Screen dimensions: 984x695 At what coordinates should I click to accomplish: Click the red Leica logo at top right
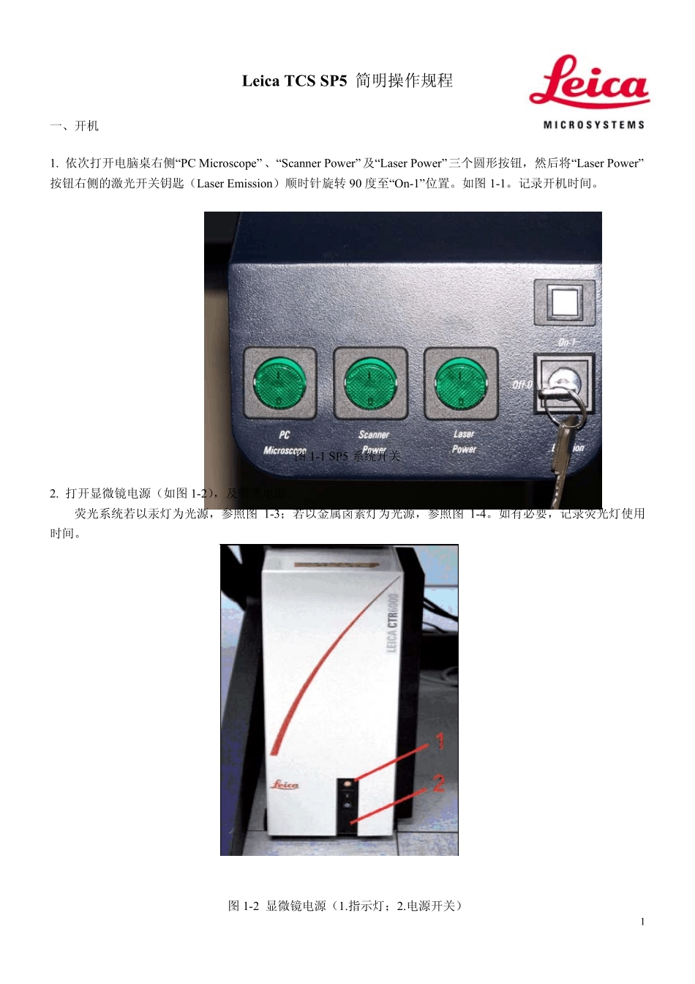589,82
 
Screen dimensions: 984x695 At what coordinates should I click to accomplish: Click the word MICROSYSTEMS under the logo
593,125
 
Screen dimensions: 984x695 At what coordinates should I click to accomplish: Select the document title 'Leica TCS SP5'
294,81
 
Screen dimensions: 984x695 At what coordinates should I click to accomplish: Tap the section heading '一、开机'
75,126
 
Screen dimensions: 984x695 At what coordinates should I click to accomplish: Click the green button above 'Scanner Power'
370,383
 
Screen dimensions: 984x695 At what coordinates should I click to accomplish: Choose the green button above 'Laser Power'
461,383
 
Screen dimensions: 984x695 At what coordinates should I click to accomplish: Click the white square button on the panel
564,302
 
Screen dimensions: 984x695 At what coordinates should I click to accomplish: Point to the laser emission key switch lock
564,382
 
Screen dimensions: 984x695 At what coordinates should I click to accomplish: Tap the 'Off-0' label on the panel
522,384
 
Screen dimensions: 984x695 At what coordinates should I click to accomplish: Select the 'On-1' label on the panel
567,343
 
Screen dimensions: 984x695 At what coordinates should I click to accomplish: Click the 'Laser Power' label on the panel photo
464,441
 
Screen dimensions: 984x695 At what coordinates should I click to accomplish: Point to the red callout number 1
440,741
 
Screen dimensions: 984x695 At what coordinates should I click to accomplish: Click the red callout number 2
438,783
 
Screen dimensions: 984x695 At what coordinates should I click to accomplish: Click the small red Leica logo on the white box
285,785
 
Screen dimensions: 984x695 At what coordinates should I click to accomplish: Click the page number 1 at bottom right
642,922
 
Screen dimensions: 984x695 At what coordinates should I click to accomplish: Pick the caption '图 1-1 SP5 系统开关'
347,456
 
